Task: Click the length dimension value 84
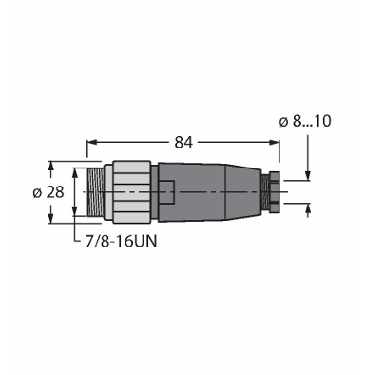coord(183,143)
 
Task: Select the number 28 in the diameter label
coord(55,192)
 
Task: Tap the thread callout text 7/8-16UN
coord(122,242)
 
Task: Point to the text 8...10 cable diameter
coord(312,121)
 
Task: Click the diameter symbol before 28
coord(37,193)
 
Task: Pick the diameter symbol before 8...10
coord(284,122)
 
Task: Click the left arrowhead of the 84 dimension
coord(91,143)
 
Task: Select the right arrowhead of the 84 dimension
coord(275,143)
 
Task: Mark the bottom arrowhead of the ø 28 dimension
coord(50,218)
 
